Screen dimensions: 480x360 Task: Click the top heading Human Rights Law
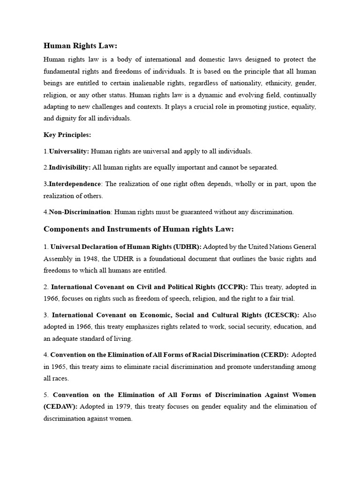[80, 45]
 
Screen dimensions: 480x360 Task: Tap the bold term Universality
[69, 151]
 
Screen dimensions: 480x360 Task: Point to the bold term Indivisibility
[70, 167]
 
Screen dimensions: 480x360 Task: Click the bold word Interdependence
[75, 184]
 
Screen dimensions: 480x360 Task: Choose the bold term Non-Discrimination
[79, 212]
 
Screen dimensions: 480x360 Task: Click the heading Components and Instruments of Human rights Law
[138, 229]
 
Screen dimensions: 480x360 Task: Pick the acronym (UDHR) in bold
[187, 247]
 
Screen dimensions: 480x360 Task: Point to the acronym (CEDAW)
[60, 406]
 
